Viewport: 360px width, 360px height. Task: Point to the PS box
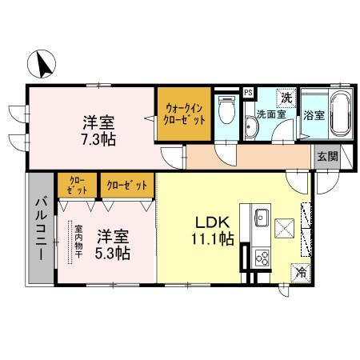click(248, 92)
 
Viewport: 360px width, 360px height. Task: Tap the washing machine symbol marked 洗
click(286, 97)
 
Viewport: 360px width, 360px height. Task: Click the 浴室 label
click(314, 115)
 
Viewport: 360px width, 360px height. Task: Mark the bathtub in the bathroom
click(336, 114)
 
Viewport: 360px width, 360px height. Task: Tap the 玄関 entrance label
click(326, 156)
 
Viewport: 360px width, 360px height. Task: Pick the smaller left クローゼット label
click(76, 185)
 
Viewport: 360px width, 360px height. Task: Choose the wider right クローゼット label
click(127, 186)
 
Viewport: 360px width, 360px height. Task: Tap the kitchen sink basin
click(262, 217)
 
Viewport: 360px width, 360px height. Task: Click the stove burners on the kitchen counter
click(262, 257)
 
